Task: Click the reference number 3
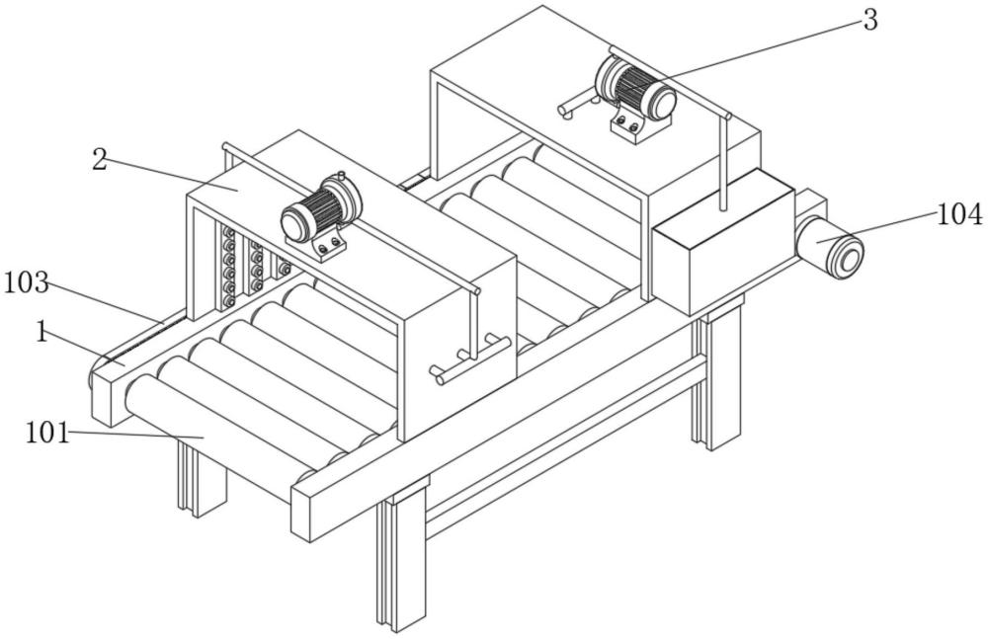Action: pos(869,21)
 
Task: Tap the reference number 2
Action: pos(99,160)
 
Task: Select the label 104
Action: pos(959,213)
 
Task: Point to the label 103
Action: pos(26,282)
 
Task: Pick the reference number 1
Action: pos(41,332)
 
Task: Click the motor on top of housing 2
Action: pos(318,208)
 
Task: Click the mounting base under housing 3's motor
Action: pos(629,125)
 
